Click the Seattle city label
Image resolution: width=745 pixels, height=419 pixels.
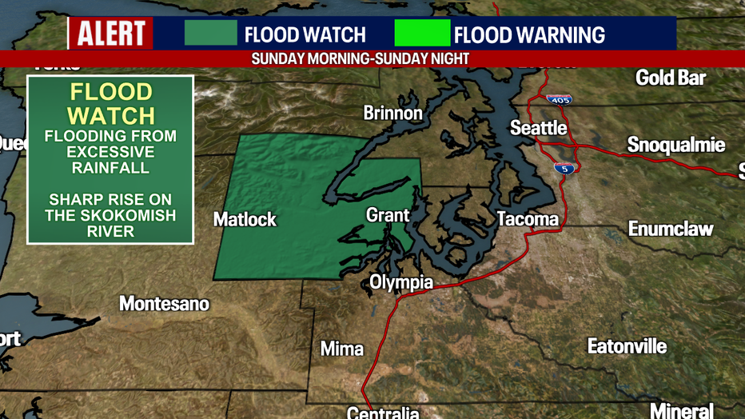pyautogui.click(x=539, y=128)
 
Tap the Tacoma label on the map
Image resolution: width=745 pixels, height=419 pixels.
pyautogui.click(x=527, y=218)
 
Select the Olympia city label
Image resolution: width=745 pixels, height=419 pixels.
pyautogui.click(x=400, y=282)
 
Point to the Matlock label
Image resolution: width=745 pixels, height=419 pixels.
pyautogui.click(x=245, y=219)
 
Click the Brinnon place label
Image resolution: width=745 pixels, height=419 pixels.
pyautogui.click(x=392, y=113)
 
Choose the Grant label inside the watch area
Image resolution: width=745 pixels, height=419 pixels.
pyautogui.click(x=388, y=215)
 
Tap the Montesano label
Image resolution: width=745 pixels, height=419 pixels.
pyautogui.click(x=164, y=304)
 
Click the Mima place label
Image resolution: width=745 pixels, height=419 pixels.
pyautogui.click(x=341, y=349)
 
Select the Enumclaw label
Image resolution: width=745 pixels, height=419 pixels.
pyautogui.click(x=670, y=229)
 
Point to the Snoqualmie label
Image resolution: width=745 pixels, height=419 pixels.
pyautogui.click(x=675, y=145)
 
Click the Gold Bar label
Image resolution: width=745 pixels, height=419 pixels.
pyautogui.click(x=671, y=78)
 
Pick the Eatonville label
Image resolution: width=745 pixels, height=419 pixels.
pyautogui.click(x=627, y=346)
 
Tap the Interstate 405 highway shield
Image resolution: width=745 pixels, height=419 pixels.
pyautogui.click(x=559, y=100)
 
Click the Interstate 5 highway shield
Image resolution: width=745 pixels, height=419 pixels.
pyautogui.click(x=564, y=168)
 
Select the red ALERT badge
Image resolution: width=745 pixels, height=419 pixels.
pyautogui.click(x=110, y=34)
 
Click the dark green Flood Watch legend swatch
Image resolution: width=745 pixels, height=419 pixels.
pyautogui.click(x=211, y=34)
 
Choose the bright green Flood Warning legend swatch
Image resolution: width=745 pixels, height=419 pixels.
pyautogui.click(x=422, y=34)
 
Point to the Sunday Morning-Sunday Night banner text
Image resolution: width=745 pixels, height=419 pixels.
pyautogui.click(x=360, y=59)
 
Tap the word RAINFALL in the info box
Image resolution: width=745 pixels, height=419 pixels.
pyautogui.click(x=110, y=168)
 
